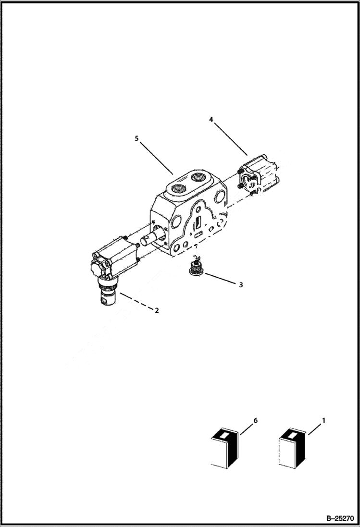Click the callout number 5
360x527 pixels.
[137, 138]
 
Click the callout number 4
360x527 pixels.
[211, 118]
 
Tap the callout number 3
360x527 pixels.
[241, 284]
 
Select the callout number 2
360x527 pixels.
[156, 310]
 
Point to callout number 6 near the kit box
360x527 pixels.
[255, 420]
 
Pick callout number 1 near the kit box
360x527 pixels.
[323, 420]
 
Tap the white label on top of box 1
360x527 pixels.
[291, 434]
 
